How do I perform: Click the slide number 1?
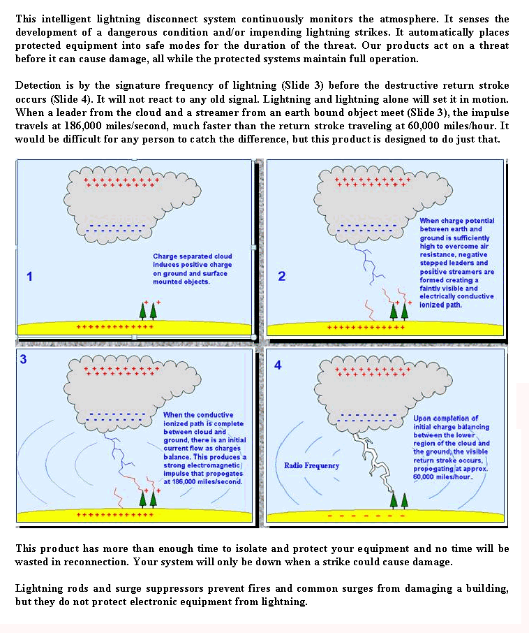29,277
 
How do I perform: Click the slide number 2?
281,276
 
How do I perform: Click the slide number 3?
23,360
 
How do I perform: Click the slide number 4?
277,365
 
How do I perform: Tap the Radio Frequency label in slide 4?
311,465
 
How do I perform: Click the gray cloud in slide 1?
112,203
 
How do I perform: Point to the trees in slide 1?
147,310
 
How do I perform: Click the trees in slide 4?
398,499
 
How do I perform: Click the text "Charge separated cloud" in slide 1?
193,256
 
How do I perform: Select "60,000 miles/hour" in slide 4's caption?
443,476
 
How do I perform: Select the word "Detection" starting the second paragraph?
38,85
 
